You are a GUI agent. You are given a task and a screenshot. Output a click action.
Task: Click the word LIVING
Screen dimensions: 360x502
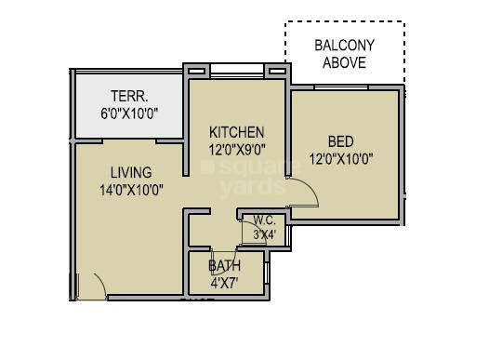tap(131, 172)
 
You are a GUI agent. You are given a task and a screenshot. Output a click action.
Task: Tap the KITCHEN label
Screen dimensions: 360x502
tap(236, 132)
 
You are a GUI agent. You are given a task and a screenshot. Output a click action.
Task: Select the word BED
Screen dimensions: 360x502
tap(340, 141)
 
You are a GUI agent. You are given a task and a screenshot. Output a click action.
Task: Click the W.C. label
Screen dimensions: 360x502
tap(264, 220)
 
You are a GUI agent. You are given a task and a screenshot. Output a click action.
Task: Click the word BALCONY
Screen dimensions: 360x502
tap(344, 45)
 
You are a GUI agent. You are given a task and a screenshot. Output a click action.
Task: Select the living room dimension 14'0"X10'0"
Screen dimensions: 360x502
tap(131, 190)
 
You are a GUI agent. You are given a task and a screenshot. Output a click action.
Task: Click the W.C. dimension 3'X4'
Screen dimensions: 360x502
tap(264, 235)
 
